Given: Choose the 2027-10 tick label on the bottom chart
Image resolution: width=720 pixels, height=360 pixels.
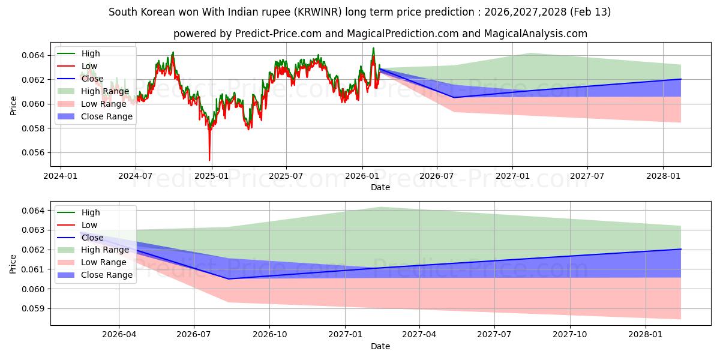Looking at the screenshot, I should click(x=570, y=334).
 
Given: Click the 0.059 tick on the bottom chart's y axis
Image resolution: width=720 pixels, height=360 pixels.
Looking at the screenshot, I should click(x=37, y=308).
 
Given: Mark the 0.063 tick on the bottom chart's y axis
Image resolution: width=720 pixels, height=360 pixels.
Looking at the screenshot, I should click(x=37, y=230).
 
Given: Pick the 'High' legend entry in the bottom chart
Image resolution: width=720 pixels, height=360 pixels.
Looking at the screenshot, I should click(x=91, y=212).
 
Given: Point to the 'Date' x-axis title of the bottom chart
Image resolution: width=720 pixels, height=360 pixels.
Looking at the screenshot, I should click(x=380, y=346).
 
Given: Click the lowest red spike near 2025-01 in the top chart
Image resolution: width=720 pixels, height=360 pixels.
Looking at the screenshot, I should click(x=209, y=160).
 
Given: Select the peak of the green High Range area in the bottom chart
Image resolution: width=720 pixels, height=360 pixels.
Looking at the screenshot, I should click(x=380, y=207).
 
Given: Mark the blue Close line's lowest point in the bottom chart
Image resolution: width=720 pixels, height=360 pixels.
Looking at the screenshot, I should click(x=228, y=278).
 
